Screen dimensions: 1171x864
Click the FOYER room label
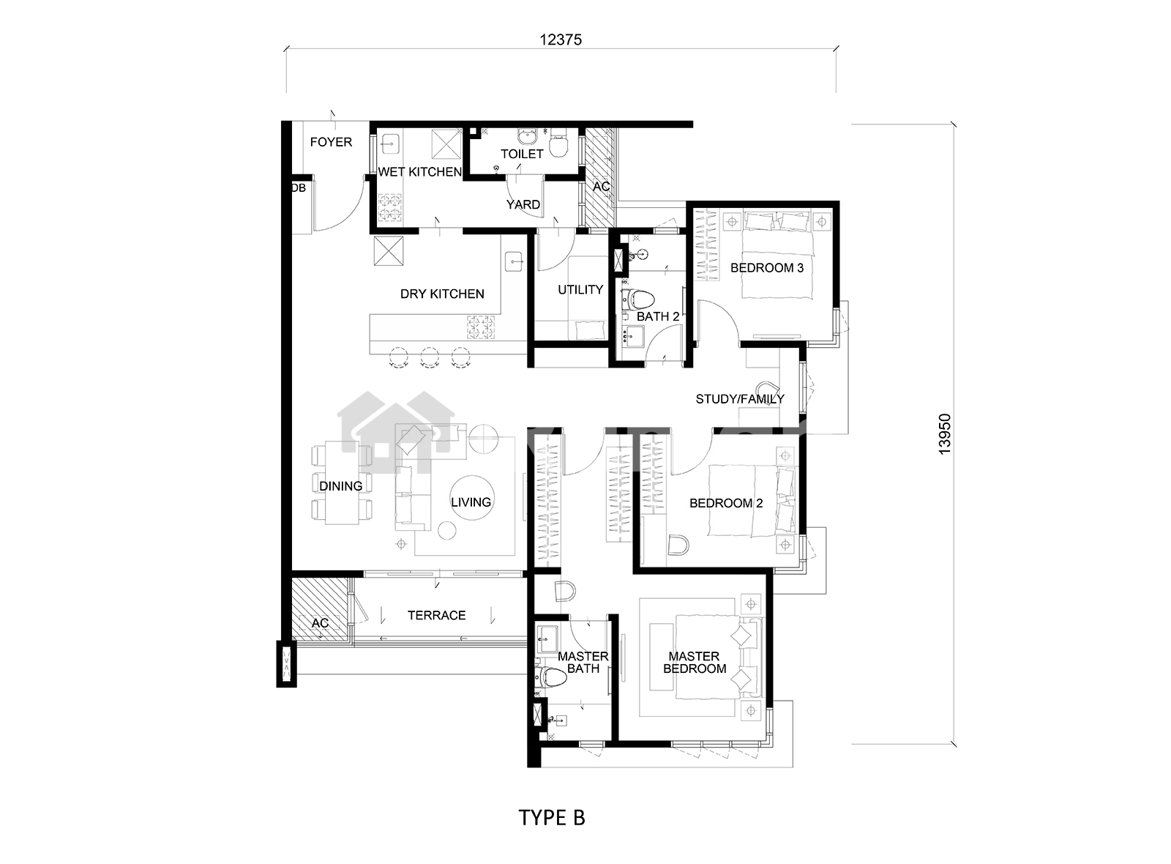click(x=331, y=142)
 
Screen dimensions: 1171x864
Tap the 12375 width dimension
click(x=561, y=40)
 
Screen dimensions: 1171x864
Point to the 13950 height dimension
click(x=944, y=434)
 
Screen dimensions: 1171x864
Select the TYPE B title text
click(x=552, y=817)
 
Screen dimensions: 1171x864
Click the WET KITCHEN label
click(x=420, y=171)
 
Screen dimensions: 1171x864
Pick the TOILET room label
click(x=522, y=154)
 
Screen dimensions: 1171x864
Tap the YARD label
click(x=523, y=204)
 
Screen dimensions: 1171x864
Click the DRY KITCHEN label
click(x=442, y=294)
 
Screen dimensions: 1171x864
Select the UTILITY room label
click(x=580, y=289)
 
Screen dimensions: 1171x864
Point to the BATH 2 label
click(x=658, y=316)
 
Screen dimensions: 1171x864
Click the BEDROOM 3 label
click(x=767, y=268)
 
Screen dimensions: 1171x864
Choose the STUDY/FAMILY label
click(x=740, y=399)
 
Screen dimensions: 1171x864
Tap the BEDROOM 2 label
click(x=726, y=503)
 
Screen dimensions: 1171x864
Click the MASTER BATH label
click(x=583, y=662)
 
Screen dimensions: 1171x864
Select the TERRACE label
click(x=436, y=615)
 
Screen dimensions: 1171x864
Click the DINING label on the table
click(x=341, y=486)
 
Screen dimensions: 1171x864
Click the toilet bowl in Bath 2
click(x=641, y=301)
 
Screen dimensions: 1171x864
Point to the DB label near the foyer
click(x=299, y=187)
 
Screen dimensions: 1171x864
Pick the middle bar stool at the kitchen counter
click(x=430, y=358)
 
